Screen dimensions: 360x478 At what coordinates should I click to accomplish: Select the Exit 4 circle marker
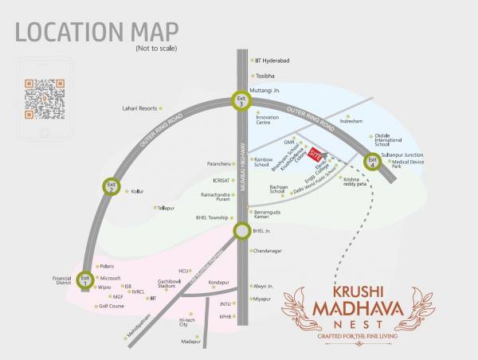[372, 162]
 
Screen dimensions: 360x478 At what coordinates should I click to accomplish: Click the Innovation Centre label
[267, 121]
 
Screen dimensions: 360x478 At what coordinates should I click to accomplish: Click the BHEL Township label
[212, 217]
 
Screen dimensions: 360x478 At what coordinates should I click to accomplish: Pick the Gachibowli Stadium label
[166, 284]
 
